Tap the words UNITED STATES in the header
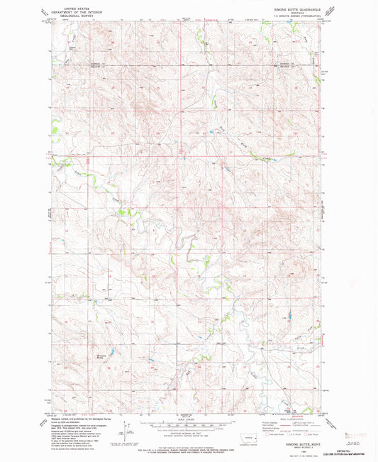[78, 4]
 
